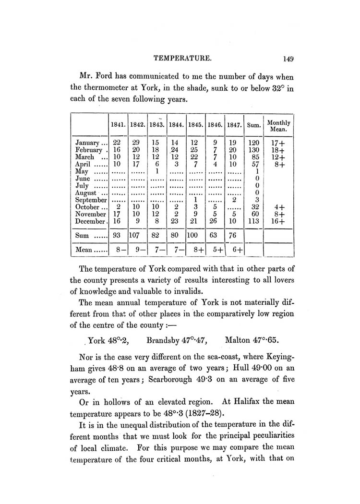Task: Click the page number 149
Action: [288, 59]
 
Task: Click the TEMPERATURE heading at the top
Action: [183, 59]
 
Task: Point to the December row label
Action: [91, 222]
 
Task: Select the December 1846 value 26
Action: [215, 222]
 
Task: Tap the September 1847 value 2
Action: [234, 200]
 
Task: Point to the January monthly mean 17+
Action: [278, 143]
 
